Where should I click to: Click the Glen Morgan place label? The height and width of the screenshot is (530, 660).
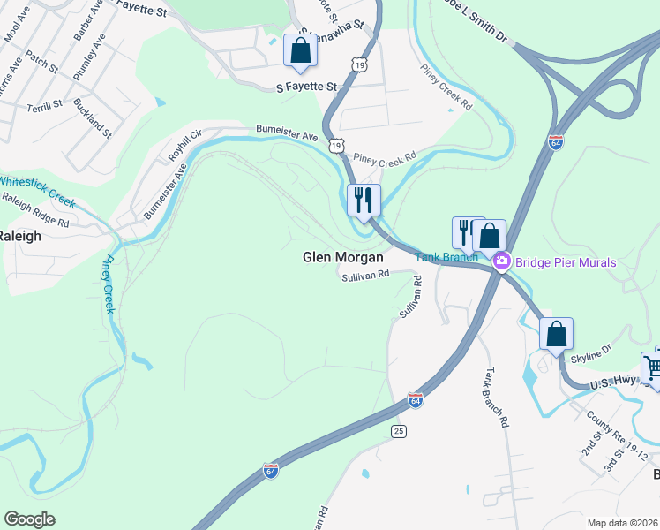click(x=343, y=257)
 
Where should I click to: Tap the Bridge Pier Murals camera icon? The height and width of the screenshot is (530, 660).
click(x=502, y=261)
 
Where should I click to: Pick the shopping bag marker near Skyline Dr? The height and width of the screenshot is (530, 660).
click(x=556, y=335)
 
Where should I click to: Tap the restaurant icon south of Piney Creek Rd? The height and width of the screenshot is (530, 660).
click(x=364, y=200)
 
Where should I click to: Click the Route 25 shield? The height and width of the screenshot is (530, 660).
click(x=400, y=430)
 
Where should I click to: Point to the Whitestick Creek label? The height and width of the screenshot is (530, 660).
click(x=37, y=193)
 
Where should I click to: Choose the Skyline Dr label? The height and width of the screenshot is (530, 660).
click(x=590, y=352)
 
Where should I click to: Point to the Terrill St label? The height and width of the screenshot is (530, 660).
click(x=45, y=104)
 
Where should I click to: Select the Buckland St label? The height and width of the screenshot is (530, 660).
click(x=93, y=118)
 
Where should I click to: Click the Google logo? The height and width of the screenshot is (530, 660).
click(x=29, y=519)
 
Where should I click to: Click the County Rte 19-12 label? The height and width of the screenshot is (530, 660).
click(x=615, y=441)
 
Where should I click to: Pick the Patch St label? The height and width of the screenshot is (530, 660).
click(x=41, y=68)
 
